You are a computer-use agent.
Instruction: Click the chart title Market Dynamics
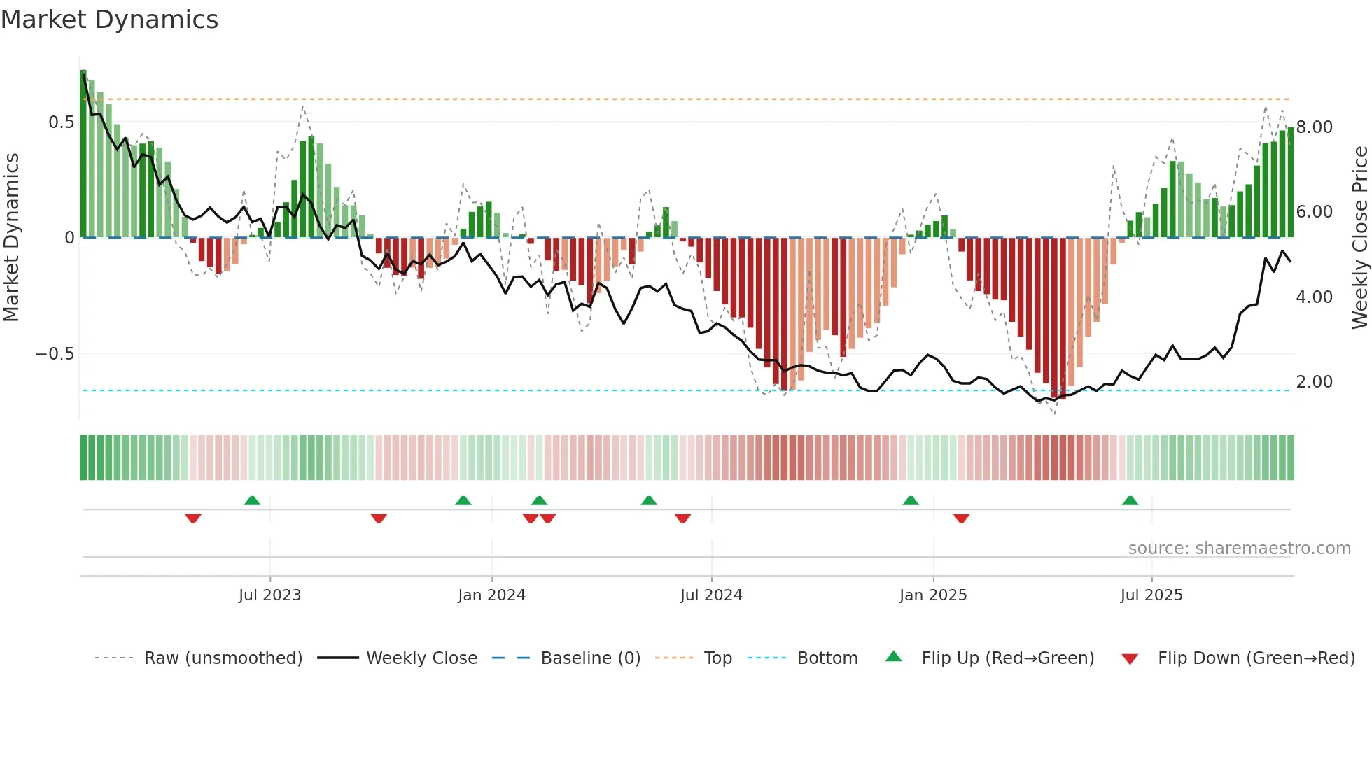coord(109,20)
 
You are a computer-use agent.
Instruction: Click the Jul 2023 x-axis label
coord(269,595)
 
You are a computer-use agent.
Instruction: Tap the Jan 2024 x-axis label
coord(491,595)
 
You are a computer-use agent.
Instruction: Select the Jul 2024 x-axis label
coord(711,595)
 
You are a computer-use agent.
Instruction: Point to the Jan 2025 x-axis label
coord(933,595)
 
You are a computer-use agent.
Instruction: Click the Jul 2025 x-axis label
coord(1151,595)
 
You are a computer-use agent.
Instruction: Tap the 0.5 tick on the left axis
coord(61,122)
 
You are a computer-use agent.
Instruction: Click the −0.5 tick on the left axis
coord(55,354)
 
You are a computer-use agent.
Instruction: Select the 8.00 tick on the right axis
coord(1315,127)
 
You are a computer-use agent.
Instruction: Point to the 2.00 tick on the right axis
coord(1315,382)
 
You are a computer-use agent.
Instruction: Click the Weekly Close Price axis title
coord(1359,238)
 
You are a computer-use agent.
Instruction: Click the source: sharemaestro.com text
coord(1239,549)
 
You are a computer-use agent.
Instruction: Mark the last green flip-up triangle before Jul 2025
coord(1130,501)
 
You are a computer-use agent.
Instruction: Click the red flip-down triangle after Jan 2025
coord(961,518)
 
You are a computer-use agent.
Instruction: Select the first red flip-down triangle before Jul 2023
coord(193,518)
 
